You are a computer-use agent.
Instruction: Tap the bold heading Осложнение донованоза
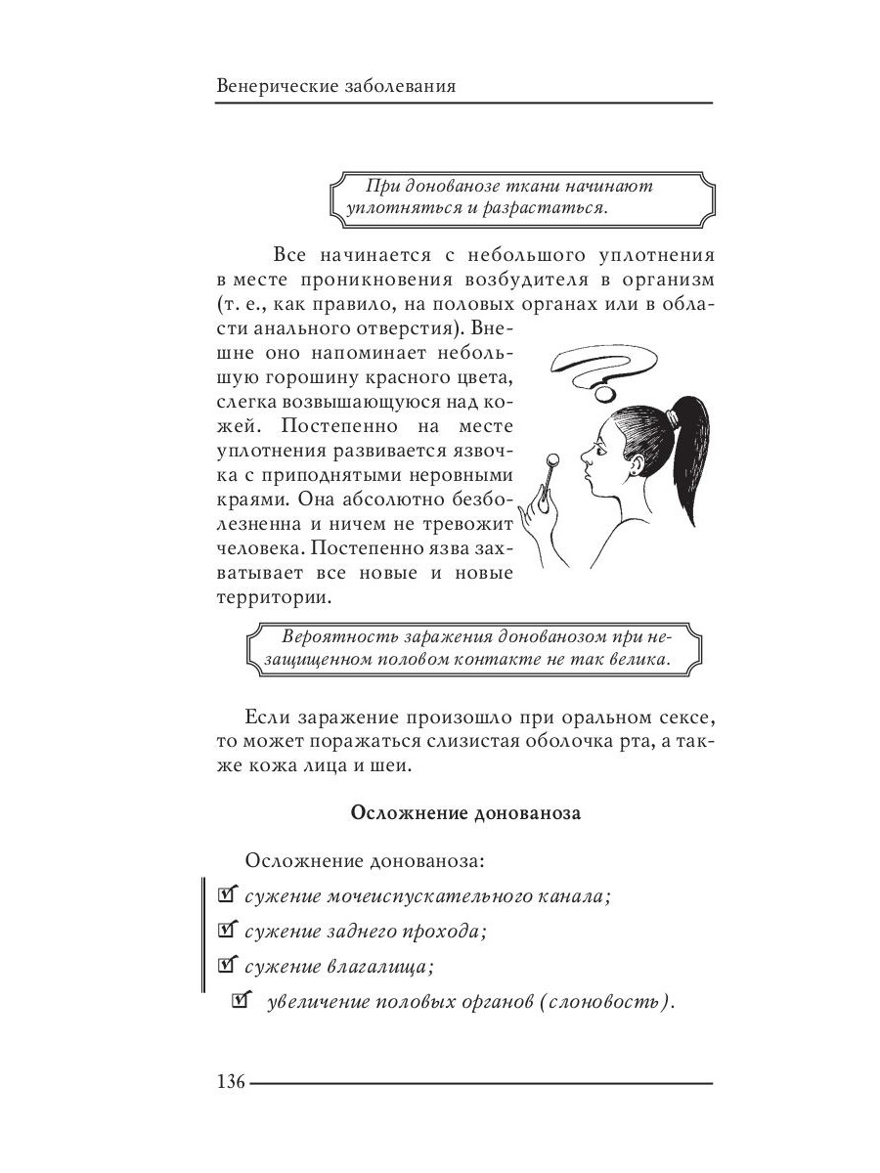tap(464, 812)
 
